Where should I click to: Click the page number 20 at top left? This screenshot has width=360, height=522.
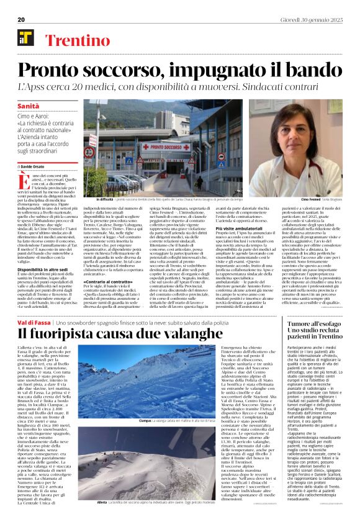(x=21, y=20)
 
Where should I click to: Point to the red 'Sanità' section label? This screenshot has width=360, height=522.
(x=27, y=107)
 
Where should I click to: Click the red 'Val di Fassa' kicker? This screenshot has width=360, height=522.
(x=34, y=323)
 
